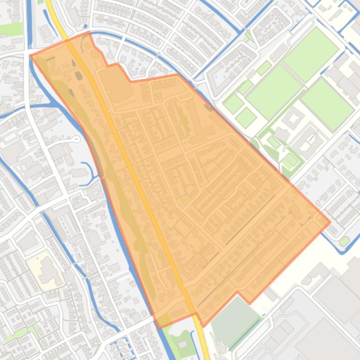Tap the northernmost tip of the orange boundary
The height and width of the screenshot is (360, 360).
[x=89, y=32]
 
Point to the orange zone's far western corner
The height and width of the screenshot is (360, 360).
[x=30, y=55]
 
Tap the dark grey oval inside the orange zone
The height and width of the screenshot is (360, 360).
[x=79, y=75]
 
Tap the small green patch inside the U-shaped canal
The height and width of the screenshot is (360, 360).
[x=345, y=241]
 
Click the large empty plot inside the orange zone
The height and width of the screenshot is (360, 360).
[x=112, y=84]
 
